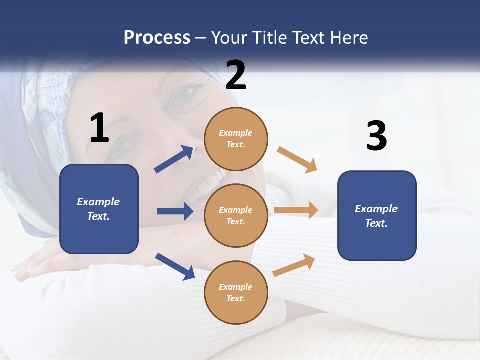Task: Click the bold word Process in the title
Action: point(157,38)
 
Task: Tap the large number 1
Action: point(99,128)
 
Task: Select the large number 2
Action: point(236,75)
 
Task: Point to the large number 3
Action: point(376,136)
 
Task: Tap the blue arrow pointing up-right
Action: point(174,159)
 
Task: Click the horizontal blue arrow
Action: point(175,211)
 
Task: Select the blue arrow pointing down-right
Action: point(175,266)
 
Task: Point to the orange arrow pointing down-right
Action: point(297,160)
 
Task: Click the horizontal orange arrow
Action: point(296,210)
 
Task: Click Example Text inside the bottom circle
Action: point(236,293)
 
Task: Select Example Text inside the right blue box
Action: point(376,216)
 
